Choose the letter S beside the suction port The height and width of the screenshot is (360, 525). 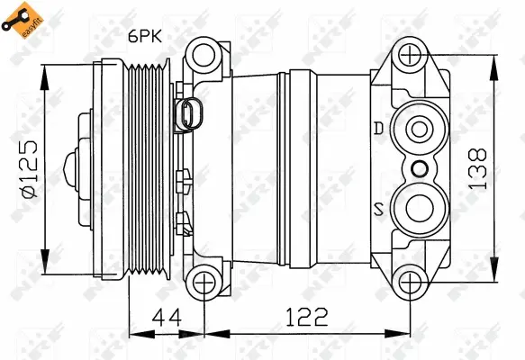pyautogui.click(x=379, y=211)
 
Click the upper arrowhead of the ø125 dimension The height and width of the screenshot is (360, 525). pyautogui.click(x=44, y=67)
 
